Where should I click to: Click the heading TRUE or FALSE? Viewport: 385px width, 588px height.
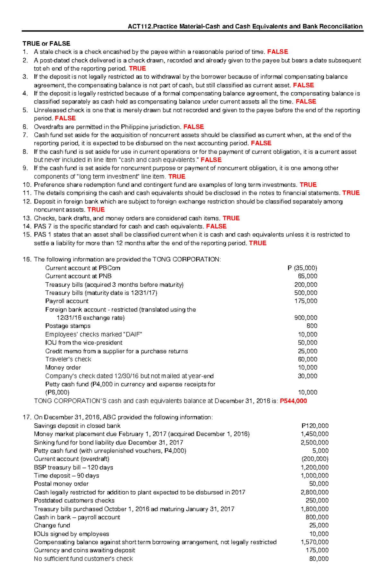click(x=46, y=44)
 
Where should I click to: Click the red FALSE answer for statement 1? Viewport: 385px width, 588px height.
click(x=278, y=52)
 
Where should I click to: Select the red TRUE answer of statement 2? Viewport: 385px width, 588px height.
click(x=137, y=69)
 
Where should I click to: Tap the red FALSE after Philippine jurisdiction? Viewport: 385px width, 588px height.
click(x=193, y=127)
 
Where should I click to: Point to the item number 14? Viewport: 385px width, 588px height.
click(x=27, y=227)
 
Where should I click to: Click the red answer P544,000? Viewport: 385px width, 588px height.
click(x=293, y=401)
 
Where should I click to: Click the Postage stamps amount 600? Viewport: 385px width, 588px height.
click(x=312, y=326)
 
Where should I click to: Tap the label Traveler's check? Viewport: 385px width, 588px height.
click(x=68, y=360)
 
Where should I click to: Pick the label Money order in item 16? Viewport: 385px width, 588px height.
click(x=63, y=368)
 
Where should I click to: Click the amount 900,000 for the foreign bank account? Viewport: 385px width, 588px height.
click(x=306, y=318)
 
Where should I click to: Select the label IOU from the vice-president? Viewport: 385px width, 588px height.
click(x=84, y=343)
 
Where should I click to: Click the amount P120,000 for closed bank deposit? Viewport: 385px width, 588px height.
click(x=315, y=426)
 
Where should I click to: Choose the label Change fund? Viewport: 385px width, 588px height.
click(x=52, y=526)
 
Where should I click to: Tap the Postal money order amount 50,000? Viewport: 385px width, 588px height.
click(x=319, y=484)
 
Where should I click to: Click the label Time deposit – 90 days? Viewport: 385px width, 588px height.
click(x=66, y=476)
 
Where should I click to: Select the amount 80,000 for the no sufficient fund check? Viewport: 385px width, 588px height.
click(x=319, y=559)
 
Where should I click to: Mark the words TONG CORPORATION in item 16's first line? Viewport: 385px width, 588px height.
click(x=186, y=260)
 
